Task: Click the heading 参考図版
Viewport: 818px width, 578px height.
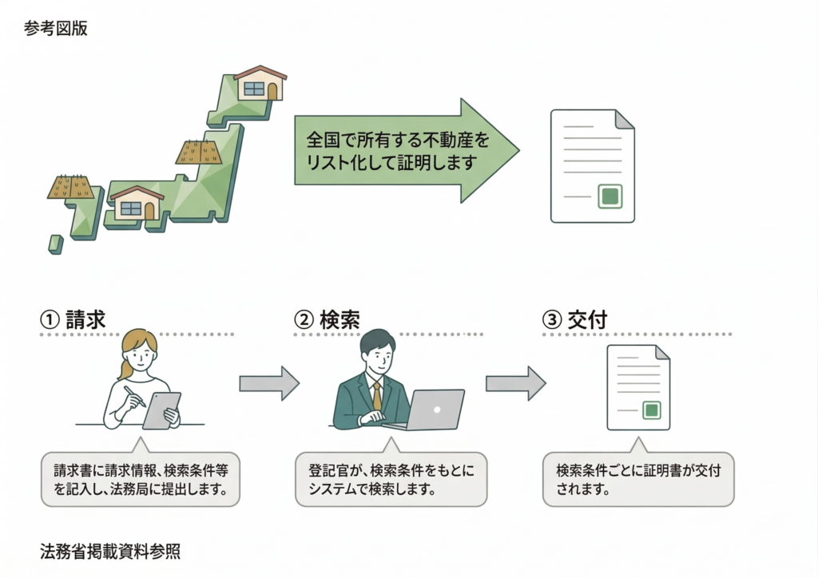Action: pos(56,29)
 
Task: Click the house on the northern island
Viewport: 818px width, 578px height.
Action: pos(260,83)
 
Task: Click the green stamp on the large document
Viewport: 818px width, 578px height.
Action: pos(610,196)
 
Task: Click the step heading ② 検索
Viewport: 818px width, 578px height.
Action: pos(327,319)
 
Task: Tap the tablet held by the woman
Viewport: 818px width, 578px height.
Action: pos(162,410)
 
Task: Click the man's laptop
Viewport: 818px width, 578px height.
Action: pos(432,410)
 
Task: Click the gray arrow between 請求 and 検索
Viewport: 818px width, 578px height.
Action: pos(268,383)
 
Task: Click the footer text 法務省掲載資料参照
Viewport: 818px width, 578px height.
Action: pos(110,551)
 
